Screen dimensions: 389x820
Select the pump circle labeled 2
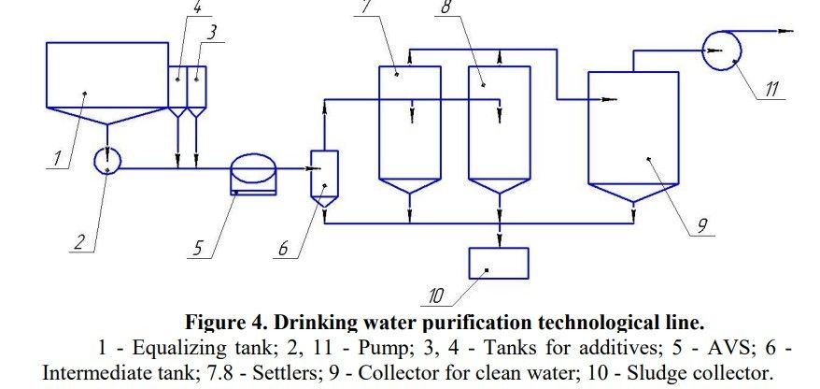click(x=108, y=160)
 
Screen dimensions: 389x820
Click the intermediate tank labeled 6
click(x=323, y=174)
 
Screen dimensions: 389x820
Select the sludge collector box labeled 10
click(x=498, y=264)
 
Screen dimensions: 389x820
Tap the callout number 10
click(x=435, y=298)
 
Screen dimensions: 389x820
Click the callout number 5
click(x=197, y=250)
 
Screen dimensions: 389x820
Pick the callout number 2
click(x=81, y=243)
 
